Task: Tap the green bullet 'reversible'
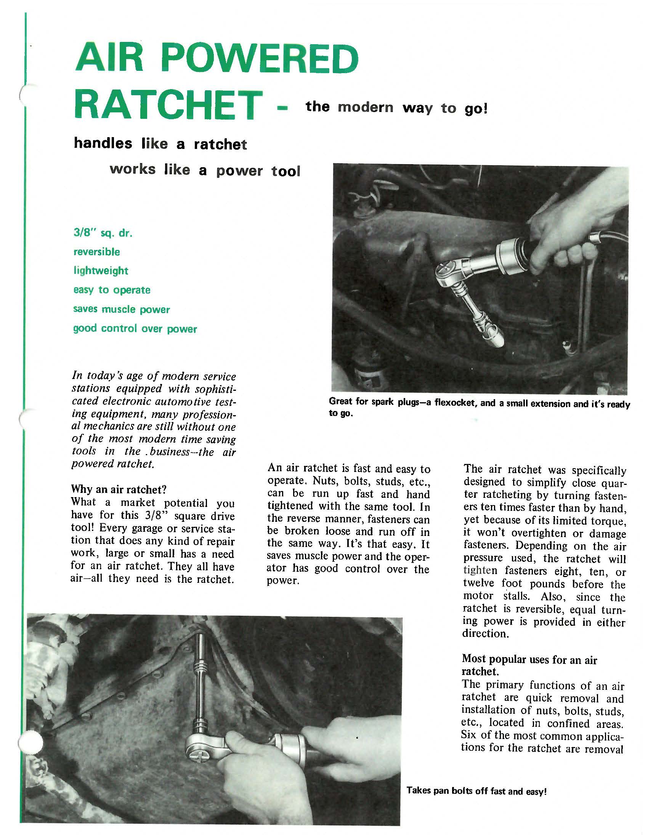(x=97, y=252)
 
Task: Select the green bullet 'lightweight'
(x=101, y=271)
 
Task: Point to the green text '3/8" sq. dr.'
(x=103, y=233)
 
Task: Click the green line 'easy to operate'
(x=112, y=290)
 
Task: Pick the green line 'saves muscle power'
(x=121, y=309)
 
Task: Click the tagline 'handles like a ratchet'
(x=160, y=144)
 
